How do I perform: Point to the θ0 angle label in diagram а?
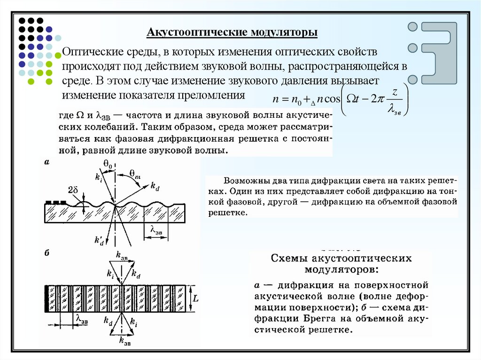108,164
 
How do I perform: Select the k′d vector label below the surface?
99,241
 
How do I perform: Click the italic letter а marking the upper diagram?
47,162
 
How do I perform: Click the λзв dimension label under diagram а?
157,229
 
